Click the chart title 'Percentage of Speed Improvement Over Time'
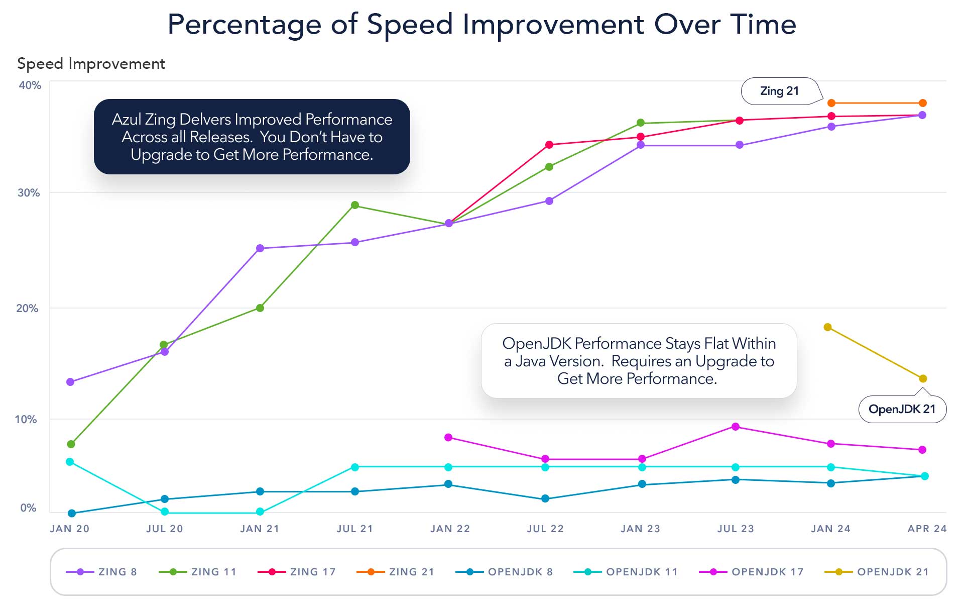pyautogui.click(x=481, y=24)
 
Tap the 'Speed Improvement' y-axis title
pyautogui.click(x=91, y=64)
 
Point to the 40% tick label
pyautogui.click(x=30, y=85)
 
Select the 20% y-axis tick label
pyautogui.click(x=27, y=309)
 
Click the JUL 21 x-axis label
pyautogui.click(x=354, y=529)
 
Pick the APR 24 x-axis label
pyautogui.click(x=927, y=529)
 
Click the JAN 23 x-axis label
pyautogui.click(x=640, y=529)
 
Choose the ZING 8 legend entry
pyautogui.click(x=102, y=572)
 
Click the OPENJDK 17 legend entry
pyautogui.click(x=752, y=572)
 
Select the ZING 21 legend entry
pyautogui.click(x=396, y=572)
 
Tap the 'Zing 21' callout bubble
pyautogui.click(x=779, y=91)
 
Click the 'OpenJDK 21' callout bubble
pyautogui.click(x=902, y=409)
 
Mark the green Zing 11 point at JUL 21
pyautogui.click(x=355, y=205)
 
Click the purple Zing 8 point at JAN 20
pyautogui.click(x=70, y=382)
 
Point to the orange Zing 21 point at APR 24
pyautogui.click(x=923, y=103)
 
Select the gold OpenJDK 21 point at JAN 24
pyautogui.click(x=828, y=327)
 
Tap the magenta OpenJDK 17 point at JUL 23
pyautogui.click(x=736, y=427)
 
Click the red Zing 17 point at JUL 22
pyautogui.click(x=549, y=145)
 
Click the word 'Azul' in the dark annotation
pyautogui.click(x=126, y=120)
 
